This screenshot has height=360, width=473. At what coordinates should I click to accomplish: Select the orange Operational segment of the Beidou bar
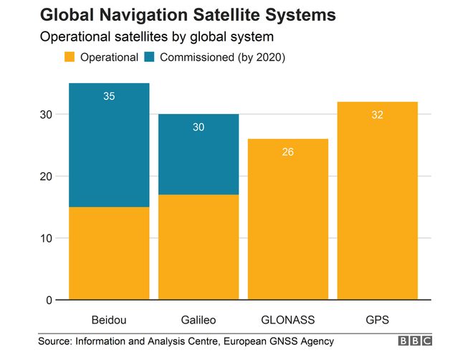point(109,253)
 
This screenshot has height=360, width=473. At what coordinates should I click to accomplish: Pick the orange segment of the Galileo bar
point(199,247)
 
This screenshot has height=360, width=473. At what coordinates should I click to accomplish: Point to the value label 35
point(109,95)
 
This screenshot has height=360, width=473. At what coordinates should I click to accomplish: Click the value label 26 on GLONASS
point(288,151)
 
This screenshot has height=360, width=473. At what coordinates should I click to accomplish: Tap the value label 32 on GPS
point(378,115)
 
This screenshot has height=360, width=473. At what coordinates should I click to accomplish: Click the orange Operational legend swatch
point(71,57)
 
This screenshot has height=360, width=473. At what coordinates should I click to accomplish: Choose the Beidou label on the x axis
point(109,318)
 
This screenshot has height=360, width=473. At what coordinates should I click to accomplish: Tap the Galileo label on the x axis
point(199,318)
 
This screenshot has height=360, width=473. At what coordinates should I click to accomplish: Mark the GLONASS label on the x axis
point(288,318)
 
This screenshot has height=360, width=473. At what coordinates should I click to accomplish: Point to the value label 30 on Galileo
point(199,126)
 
